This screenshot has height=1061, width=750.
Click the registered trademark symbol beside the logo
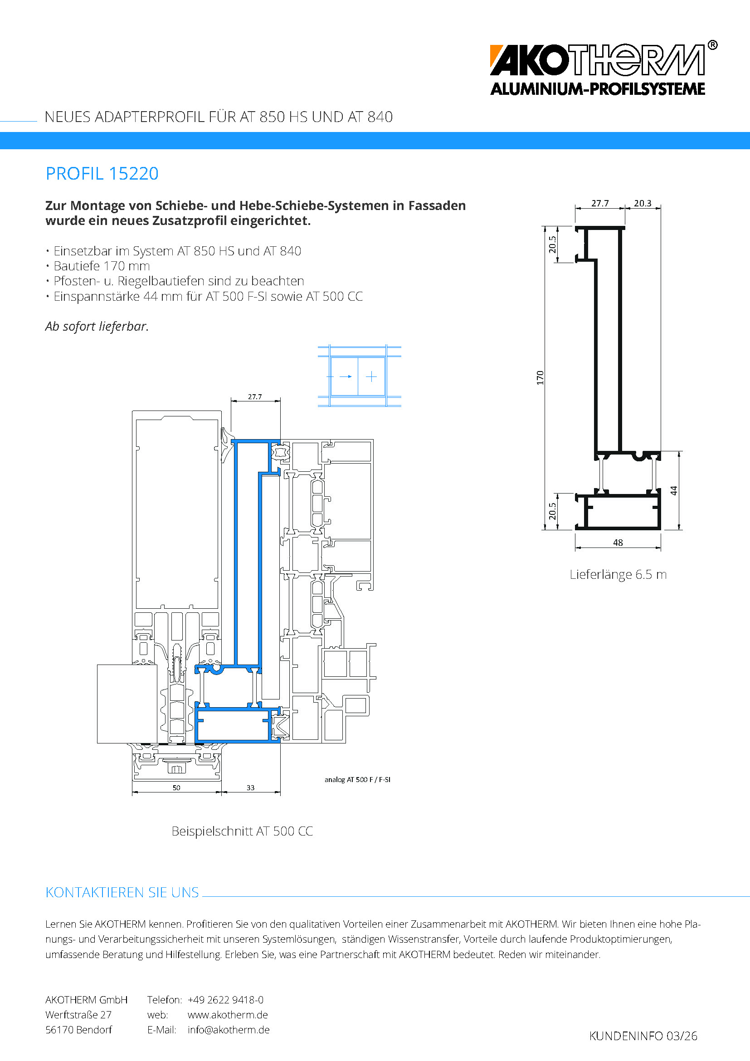[x=713, y=45]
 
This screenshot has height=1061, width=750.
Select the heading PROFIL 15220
[x=102, y=174]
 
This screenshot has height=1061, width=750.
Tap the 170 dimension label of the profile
[x=540, y=377]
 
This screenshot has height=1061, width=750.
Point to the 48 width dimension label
[x=618, y=543]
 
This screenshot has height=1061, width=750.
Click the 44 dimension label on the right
[x=674, y=490]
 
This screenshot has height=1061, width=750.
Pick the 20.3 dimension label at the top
[x=643, y=203]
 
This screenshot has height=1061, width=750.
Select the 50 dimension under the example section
[x=176, y=787]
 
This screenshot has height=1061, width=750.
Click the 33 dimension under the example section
[x=250, y=787]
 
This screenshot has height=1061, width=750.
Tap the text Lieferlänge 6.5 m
[x=618, y=574]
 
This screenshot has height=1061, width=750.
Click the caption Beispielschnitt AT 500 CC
[x=242, y=831]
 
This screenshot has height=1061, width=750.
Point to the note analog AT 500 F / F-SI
[x=357, y=780]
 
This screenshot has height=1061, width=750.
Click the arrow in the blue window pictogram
[x=346, y=376]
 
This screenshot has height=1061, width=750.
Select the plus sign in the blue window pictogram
[x=371, y=376]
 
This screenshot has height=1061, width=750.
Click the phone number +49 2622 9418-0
[x=225, y=1000]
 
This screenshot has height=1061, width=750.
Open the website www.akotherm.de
[x=228, y=1015]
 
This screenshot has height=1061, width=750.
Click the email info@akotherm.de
[x=229, y=1030]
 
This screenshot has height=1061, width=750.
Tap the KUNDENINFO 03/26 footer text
[x=643, y=1036]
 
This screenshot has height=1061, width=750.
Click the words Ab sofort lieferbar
[x=97, y=326]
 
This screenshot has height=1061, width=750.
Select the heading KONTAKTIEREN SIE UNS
[x=122, y=892]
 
